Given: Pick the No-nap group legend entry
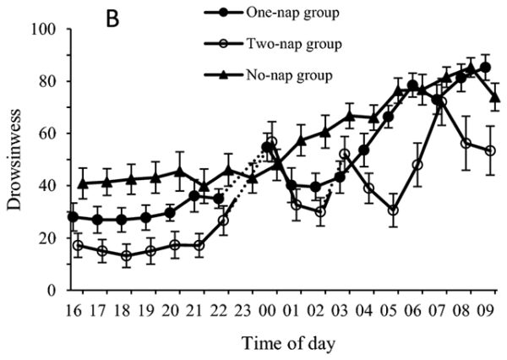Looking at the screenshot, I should click(270, 74).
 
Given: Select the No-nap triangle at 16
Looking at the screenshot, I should click(82, 183).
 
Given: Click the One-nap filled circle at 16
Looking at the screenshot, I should click(74, 216).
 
